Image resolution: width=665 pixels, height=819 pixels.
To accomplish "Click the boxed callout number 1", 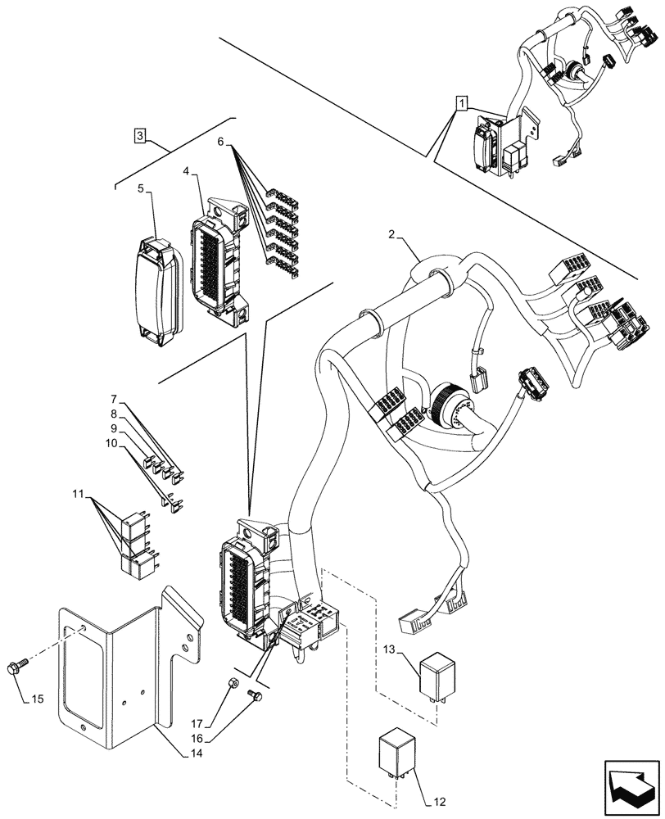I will (x=463, y=103).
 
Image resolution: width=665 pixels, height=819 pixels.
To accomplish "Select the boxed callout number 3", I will (x=142, y=136).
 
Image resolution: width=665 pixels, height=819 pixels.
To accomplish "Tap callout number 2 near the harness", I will (x=392, y=235).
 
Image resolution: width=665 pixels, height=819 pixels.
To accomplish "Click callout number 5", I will (x=141, y=188).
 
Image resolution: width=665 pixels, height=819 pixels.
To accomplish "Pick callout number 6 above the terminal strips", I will (x=220, y=142).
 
